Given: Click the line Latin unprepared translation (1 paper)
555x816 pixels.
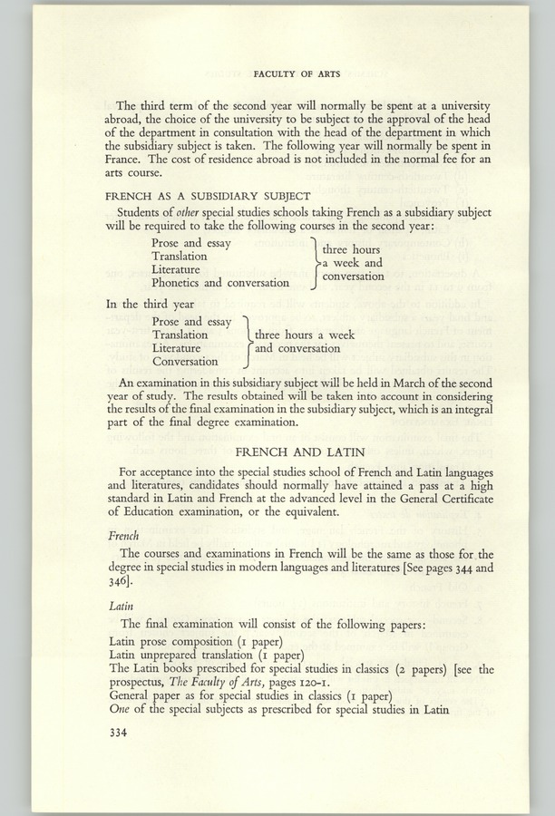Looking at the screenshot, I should click(205, 656).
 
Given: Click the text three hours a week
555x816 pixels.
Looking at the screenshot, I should click(305, 335).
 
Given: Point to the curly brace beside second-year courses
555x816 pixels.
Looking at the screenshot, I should click(314, 263).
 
